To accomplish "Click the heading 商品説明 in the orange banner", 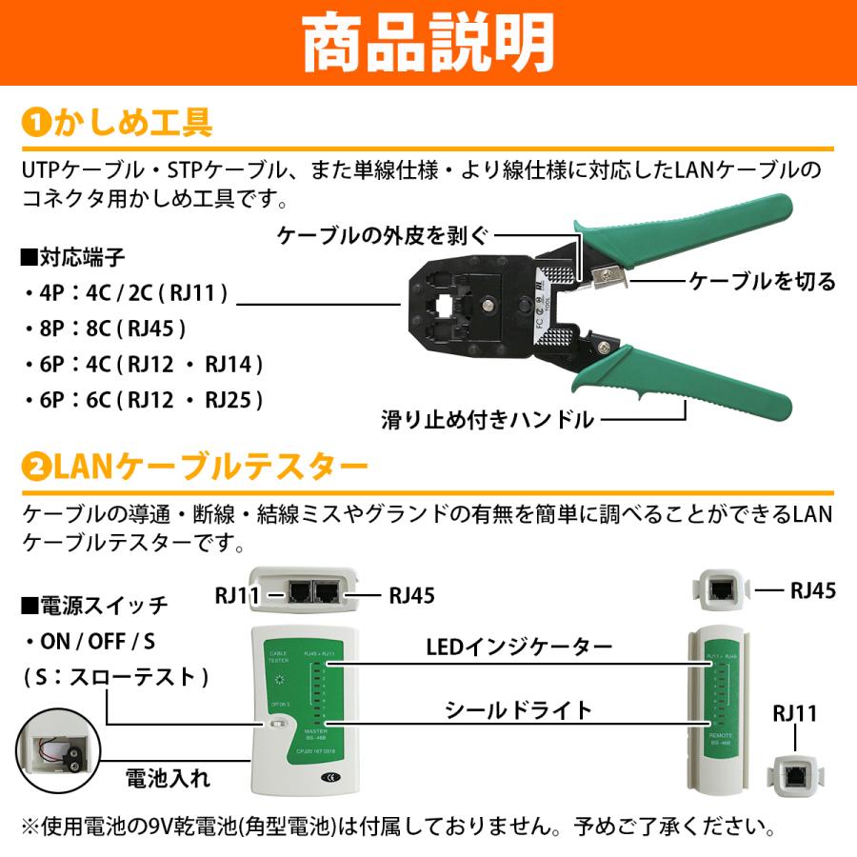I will click(x=428, y=42).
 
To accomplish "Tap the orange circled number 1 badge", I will click(x=35, y=124).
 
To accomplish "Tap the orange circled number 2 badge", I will click(x=35, y=468).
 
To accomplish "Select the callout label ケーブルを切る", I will click(x=762, y=281).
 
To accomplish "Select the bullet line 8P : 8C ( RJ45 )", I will click(x=105, y=329).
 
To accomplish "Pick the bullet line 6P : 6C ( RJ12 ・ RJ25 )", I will click(x=143, y=399).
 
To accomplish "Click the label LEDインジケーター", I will click(x=519, y=648).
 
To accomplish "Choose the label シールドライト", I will click(x=519, y=710).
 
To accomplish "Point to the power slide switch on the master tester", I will click(x=278, y=727).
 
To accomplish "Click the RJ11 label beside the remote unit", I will click(x=794, y=712).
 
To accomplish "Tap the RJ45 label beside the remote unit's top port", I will click(x=812, y=590).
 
